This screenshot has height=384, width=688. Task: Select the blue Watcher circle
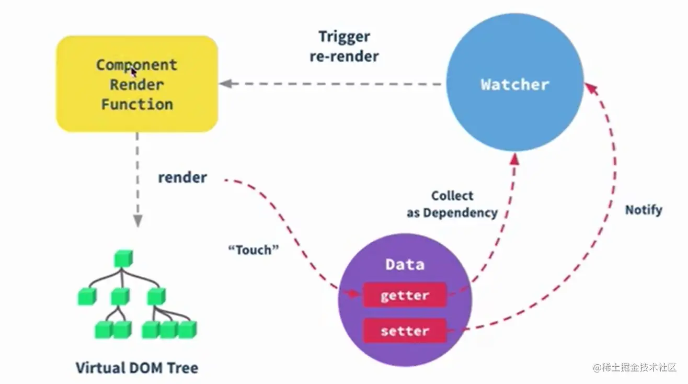tap(515, 85)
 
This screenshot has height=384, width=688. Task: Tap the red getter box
tap(405, 295)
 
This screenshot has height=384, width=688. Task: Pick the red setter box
tap(405, 331)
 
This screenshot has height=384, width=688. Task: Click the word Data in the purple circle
tap(405, 264)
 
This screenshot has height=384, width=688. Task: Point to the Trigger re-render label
tap(345, 47)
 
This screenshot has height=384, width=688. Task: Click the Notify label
tap(644, 210)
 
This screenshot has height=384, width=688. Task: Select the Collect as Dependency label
tap(452, 204)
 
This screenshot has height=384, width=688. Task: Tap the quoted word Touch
tap(254, 250)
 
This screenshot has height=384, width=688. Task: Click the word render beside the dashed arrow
tap(182, 177)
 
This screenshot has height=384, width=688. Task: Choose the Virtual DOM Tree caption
tap(137, 367)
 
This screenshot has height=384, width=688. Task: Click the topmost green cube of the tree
tap(123, 258)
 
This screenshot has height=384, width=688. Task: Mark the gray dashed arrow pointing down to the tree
tap(137, 178)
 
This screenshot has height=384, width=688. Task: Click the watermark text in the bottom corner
tap(635, 367)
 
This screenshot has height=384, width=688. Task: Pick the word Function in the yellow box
tap(137, 104)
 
